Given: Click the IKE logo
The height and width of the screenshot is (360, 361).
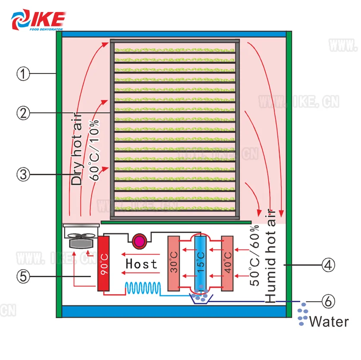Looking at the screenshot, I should click(x=38, y=19).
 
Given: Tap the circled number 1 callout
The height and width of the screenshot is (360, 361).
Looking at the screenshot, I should click(x=23, y=74).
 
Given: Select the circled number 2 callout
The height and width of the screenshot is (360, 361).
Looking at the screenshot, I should click(x=23, y=113).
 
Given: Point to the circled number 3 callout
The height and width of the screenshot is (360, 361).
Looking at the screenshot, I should click(x=23, y=175).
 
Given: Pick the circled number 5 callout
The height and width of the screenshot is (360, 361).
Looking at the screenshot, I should click(x=23, y=276).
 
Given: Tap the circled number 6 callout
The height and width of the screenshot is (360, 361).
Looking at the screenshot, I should click(x=327, y=302).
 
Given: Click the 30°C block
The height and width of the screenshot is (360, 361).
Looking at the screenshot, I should click(x=174, y=263).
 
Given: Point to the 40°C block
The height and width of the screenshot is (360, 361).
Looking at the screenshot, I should click(x=227, y=263).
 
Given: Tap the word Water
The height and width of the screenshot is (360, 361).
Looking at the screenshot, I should click(x=329, y=322).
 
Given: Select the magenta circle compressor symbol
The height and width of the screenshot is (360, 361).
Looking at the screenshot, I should click(x=140, y=241).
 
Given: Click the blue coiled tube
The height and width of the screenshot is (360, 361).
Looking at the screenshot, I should click(x=142, y=287).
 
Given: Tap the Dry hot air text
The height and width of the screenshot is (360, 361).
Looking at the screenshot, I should click(x=76, y=149).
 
